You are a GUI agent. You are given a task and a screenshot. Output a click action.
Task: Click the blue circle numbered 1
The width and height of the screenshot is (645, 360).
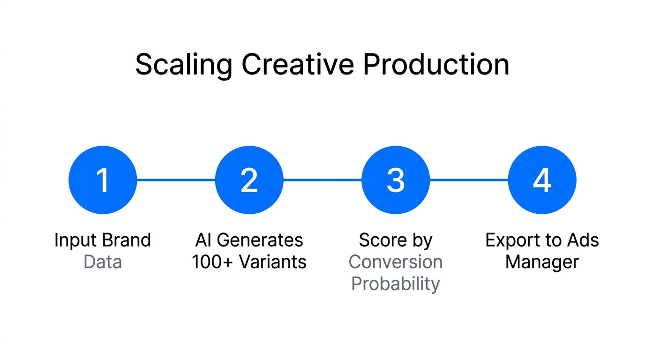(x=103, y=180)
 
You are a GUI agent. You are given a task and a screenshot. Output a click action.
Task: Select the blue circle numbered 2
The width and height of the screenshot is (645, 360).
(x=249, y=180)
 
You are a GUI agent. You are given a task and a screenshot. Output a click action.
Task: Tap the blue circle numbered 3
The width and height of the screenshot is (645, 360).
(x=396, y=180)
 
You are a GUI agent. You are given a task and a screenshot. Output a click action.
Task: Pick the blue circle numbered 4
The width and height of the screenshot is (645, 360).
(x=542, y=180)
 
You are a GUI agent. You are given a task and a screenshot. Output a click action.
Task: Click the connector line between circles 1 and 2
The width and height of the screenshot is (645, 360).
(x=176, y=180)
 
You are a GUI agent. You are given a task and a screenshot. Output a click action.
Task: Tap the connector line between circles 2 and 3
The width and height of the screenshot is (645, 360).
(x=322, y=180)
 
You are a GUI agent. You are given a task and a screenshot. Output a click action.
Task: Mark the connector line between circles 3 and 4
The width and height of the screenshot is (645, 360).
(x=469, y=180)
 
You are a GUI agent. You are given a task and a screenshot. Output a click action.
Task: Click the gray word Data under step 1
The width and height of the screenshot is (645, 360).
(x=103, y=262)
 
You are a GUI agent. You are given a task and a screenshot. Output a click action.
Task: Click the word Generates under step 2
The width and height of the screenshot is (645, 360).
(x=260, y=240)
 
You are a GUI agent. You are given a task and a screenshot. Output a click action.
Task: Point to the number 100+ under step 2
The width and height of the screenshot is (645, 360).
(x=210, y=262)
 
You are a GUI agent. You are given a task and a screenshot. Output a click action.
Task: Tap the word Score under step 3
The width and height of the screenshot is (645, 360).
(x=382, y=240)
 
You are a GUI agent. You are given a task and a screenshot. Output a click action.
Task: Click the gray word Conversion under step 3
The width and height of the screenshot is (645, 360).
(x=396, y=262)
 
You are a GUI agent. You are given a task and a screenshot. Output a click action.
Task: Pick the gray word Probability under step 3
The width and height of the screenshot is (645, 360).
(x=396, y=284)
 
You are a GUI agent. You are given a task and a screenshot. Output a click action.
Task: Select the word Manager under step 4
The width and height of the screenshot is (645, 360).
(x=542, y=262)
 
